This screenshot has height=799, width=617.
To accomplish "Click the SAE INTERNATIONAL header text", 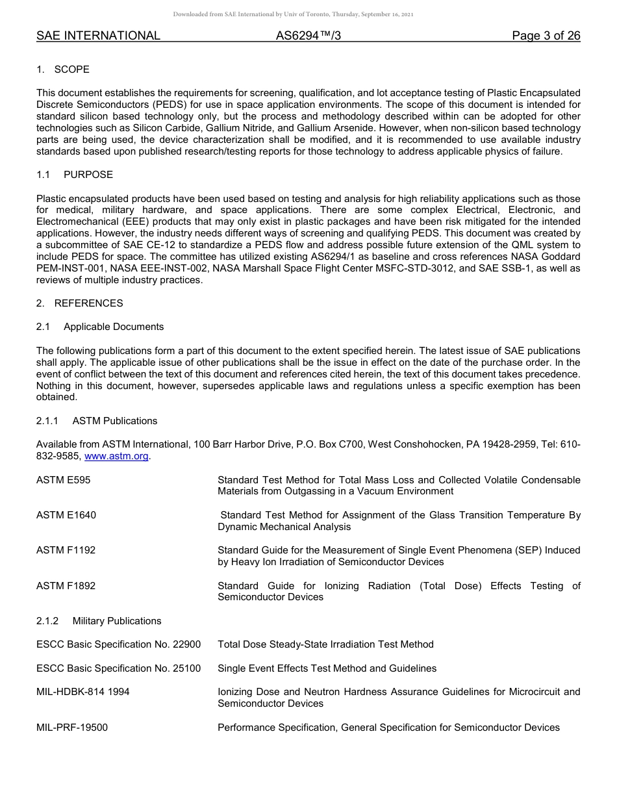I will point(98,36).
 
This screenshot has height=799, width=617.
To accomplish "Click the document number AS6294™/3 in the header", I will point(308,36).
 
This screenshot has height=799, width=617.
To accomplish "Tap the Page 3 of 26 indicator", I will point(546,36).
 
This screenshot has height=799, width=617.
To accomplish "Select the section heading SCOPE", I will point(71,70).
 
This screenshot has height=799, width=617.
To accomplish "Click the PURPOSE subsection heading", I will point(88,175).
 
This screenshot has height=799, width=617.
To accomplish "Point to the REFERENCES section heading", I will point(88,303).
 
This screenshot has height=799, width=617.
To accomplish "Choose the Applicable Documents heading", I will point(113,327).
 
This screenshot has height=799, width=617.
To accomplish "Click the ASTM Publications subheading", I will point(114,421).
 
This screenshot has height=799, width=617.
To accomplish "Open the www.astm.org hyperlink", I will point(116,457).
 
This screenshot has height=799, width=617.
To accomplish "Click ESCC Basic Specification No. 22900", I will point(118,644).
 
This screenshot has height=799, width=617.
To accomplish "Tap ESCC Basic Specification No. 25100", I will point(118,668).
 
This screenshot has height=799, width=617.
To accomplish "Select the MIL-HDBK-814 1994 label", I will point(82,692).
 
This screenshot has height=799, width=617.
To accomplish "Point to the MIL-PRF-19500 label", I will point(72,728).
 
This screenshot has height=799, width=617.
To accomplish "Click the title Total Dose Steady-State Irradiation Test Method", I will point(325,644).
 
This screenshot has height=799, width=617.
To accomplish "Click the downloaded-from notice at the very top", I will point(293,14).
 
